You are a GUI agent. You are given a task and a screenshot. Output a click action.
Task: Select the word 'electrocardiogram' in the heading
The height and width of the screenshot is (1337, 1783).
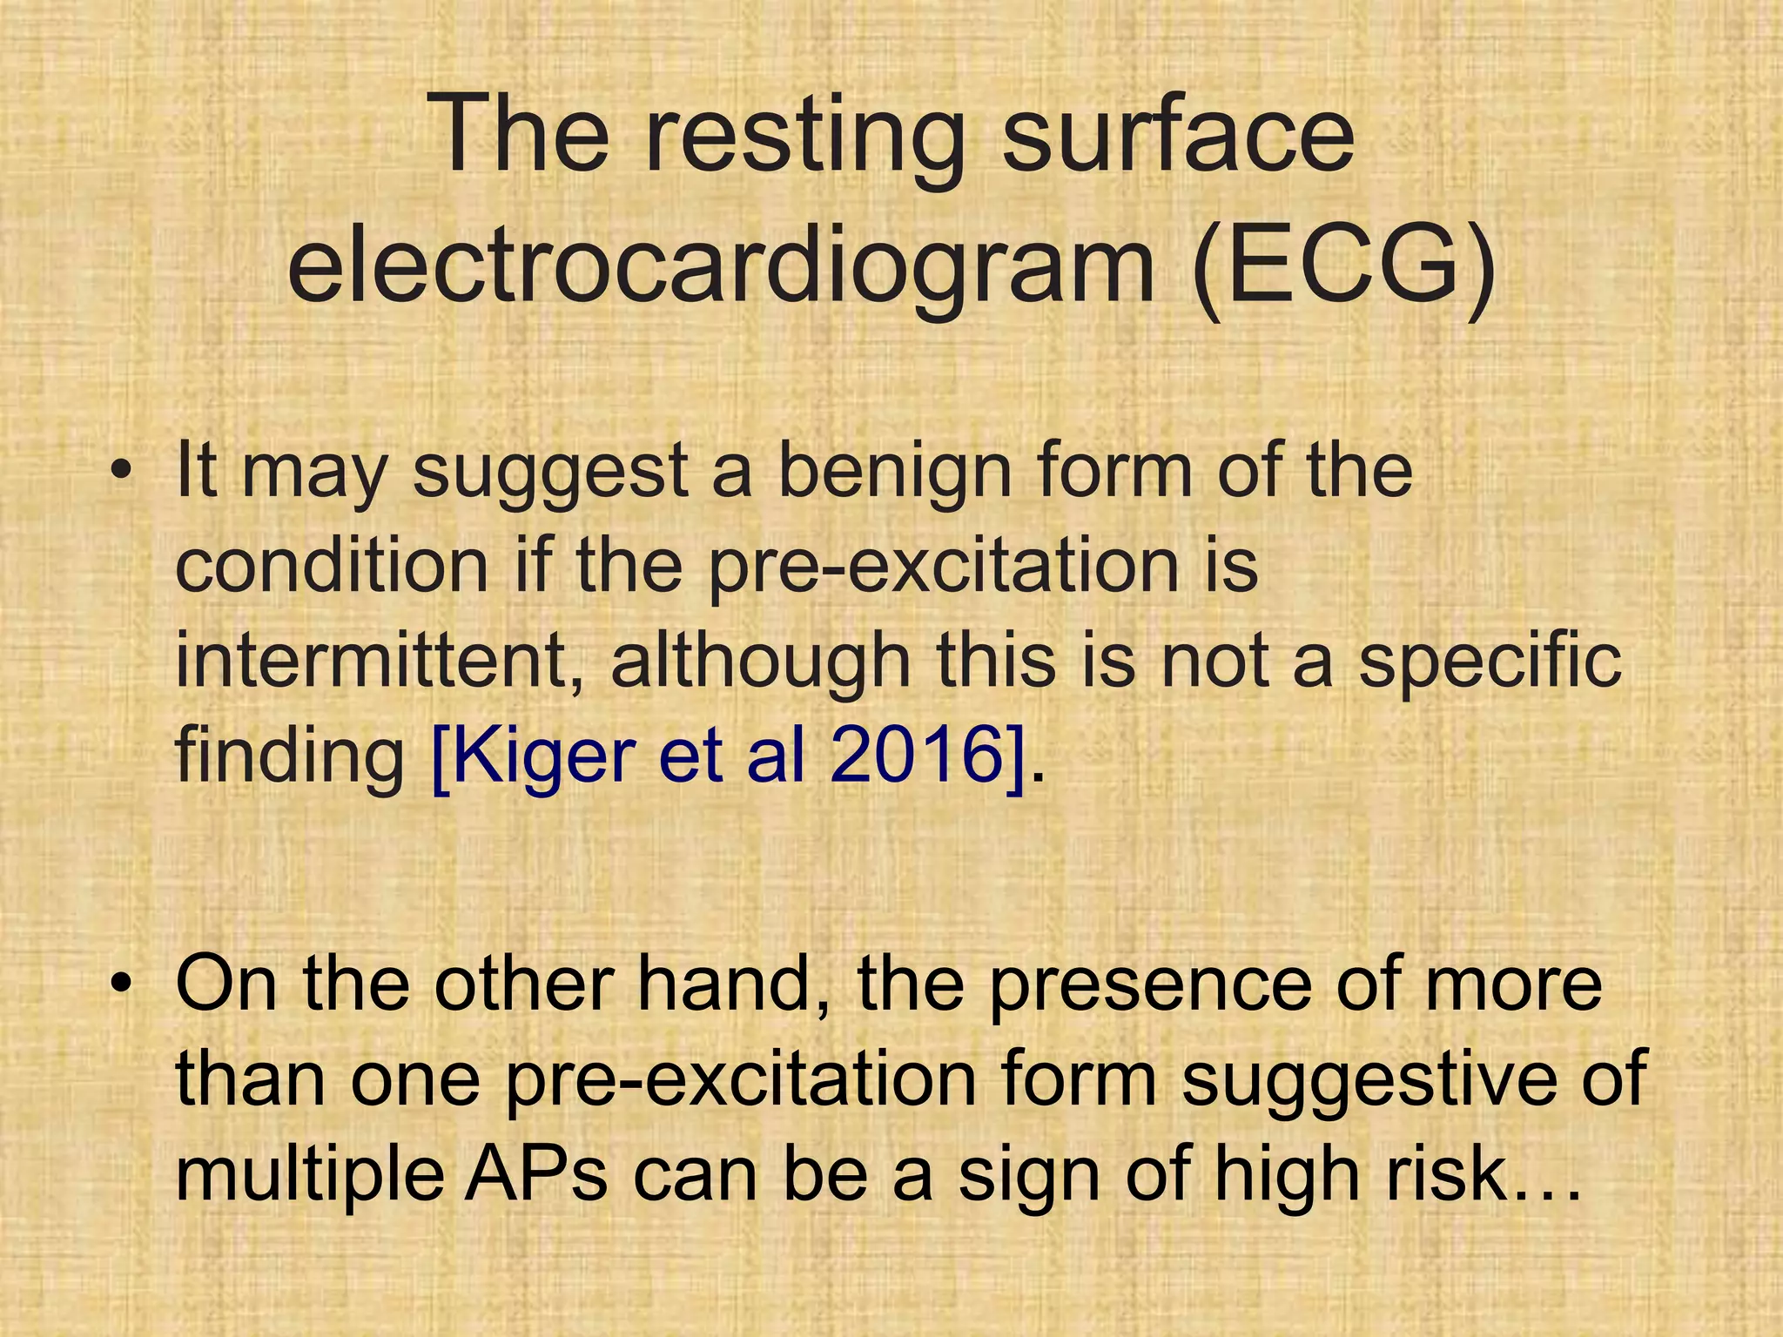tap(719, 261)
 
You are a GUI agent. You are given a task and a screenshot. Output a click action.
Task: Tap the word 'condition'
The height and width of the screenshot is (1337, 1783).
tap(332, 566)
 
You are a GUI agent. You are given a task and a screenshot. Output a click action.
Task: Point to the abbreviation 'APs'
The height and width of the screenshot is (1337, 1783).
tap(535, 1175)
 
